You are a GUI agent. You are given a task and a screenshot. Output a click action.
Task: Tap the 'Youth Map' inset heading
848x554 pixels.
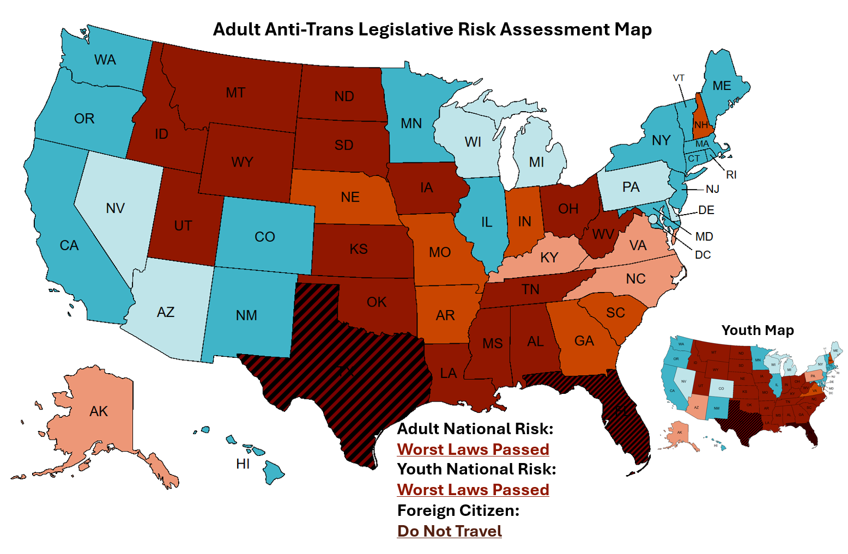tap(758, 330)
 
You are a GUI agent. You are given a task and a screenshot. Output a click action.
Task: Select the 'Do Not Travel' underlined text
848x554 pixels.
tap(450, 531)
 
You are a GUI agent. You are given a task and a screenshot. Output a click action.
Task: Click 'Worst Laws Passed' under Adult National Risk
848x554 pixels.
tap(473, 449)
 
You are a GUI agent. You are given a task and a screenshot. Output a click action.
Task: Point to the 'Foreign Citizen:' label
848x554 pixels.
tap(458, 510)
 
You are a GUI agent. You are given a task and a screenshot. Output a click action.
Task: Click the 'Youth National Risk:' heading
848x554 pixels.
tap(477, 469)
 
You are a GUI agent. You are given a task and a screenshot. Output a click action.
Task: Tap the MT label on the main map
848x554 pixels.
tap(235, 93)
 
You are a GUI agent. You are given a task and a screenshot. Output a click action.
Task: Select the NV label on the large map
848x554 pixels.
tap(116, 208)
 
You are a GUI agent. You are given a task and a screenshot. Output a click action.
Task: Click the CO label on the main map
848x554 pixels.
tap(265, 237)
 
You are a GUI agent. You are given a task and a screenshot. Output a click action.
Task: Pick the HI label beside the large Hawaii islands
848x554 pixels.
tap(243, 464)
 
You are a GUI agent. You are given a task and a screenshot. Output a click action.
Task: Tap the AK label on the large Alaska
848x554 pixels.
tap(99, 411)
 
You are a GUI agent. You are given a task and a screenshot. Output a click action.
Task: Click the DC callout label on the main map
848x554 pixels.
tap(702, 255)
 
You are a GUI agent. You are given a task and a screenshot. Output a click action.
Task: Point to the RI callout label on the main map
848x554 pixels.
tap(731, 175)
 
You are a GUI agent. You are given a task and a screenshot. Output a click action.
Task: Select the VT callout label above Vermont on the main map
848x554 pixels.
tap(679, 78)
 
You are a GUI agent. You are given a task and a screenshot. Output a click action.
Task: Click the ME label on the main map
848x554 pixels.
tap(722, 86)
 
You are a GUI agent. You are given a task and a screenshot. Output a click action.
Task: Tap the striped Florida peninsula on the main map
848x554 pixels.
tap(627, 419)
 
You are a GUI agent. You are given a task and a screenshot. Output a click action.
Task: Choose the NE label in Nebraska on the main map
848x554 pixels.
tap(350, 197)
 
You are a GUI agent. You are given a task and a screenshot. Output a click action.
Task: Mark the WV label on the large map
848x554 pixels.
tap(603, 235)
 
